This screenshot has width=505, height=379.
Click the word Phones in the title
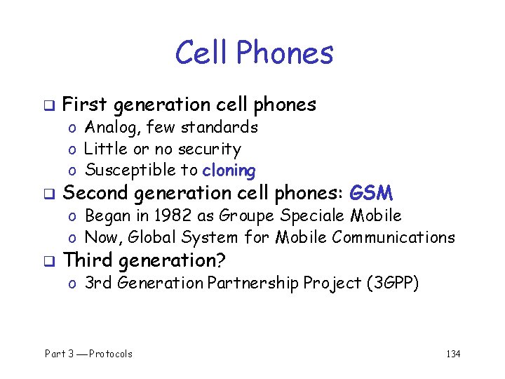coord(285,53)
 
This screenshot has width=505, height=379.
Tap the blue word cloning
coord(229,171)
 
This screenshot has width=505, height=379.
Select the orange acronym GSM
coord(372,193)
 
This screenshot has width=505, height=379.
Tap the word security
coord(210,149)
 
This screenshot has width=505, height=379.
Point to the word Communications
coord(393,237)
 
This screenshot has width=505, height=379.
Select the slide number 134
coord(453,354)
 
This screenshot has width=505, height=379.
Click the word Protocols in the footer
coord(111,354)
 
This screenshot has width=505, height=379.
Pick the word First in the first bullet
coord(86,105)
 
